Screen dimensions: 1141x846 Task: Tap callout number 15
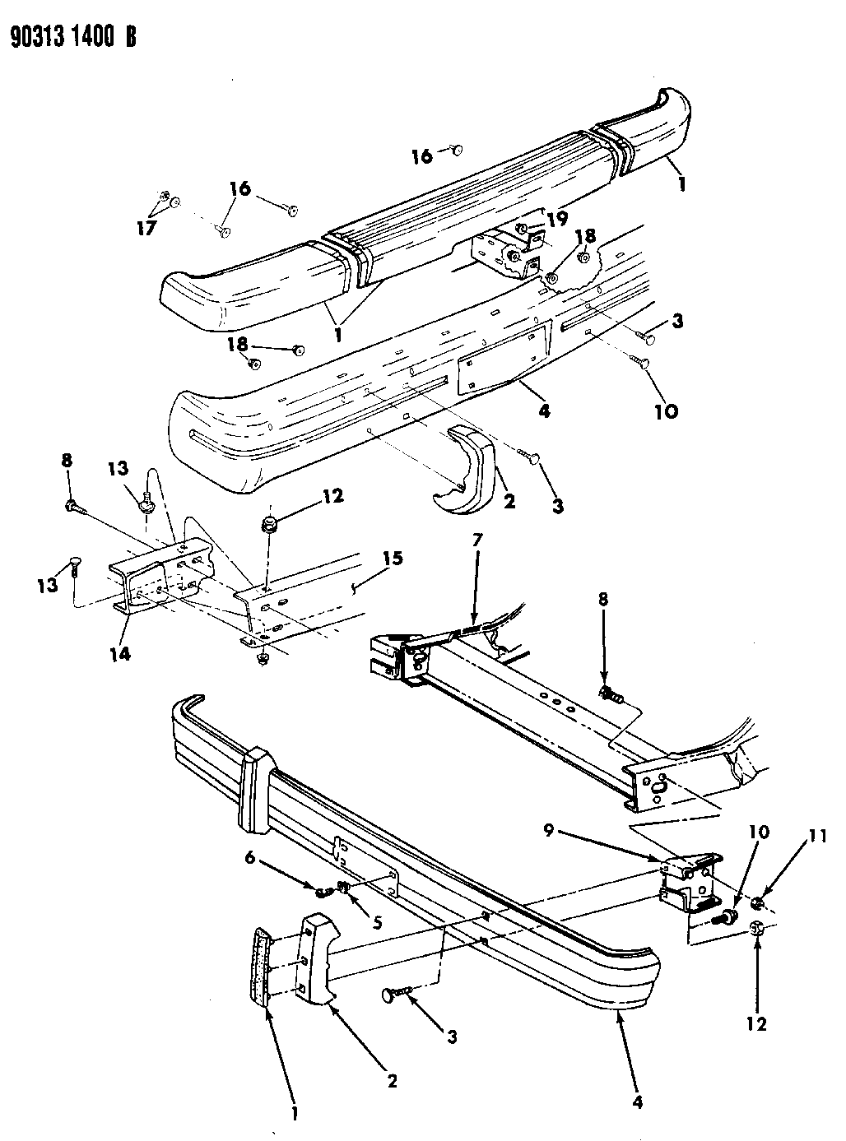[392, 559]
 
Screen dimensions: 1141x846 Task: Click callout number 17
[146, 229]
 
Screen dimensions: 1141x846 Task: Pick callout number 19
[557, 219]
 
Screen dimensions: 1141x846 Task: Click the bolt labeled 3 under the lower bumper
[393, 997]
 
